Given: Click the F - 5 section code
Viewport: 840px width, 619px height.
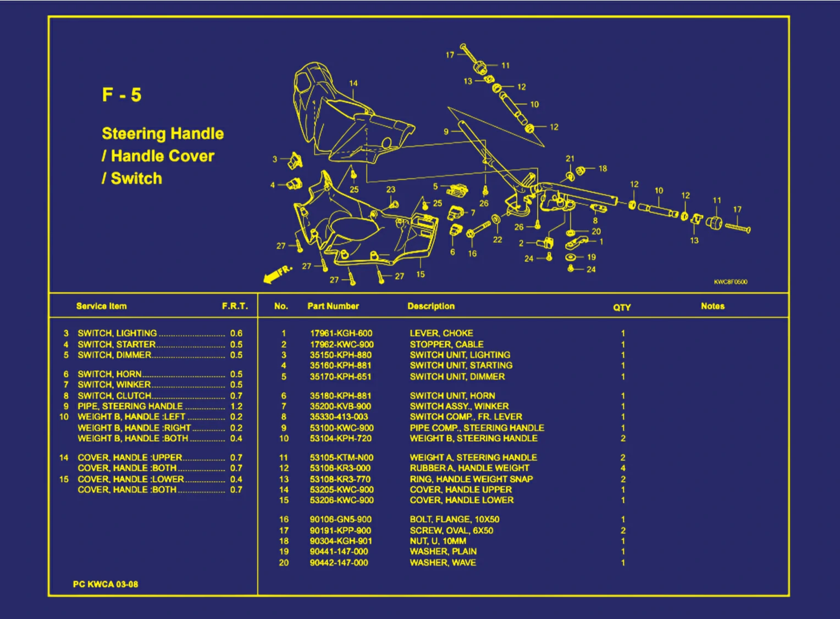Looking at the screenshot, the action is point(121,95).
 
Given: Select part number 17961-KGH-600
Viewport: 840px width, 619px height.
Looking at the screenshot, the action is point(341,333).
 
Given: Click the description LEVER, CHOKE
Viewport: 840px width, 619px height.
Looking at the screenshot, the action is point(441,333).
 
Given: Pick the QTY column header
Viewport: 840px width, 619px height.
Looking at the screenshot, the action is point(622,308).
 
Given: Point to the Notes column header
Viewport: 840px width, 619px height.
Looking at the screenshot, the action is point(712,306).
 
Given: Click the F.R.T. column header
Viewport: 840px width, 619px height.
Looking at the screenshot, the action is point(235,306).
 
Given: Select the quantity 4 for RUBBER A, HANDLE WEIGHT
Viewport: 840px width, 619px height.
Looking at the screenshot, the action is point(623,468).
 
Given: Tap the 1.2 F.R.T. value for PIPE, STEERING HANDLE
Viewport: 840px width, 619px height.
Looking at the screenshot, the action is point(236,406).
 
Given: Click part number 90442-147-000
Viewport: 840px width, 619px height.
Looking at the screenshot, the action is point(339,562).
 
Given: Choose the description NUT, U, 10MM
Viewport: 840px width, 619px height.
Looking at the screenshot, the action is point(438,540).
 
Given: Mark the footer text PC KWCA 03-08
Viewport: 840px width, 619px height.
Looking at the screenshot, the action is point(106,584).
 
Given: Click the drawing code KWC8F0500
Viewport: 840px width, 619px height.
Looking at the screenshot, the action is point(731,282).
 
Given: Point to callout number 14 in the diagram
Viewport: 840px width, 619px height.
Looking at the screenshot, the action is point(353,83).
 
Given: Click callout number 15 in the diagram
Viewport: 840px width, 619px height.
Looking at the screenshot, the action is point(421,274).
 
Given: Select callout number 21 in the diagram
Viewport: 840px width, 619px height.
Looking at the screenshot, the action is point(570,159).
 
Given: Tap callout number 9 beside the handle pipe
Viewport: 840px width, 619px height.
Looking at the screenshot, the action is point(446,131).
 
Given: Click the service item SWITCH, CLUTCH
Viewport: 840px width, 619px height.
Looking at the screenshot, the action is point(114,395).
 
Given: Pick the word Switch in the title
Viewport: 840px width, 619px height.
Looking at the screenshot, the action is point(136,179).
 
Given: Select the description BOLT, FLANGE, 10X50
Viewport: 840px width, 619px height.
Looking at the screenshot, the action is point(454,519).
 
